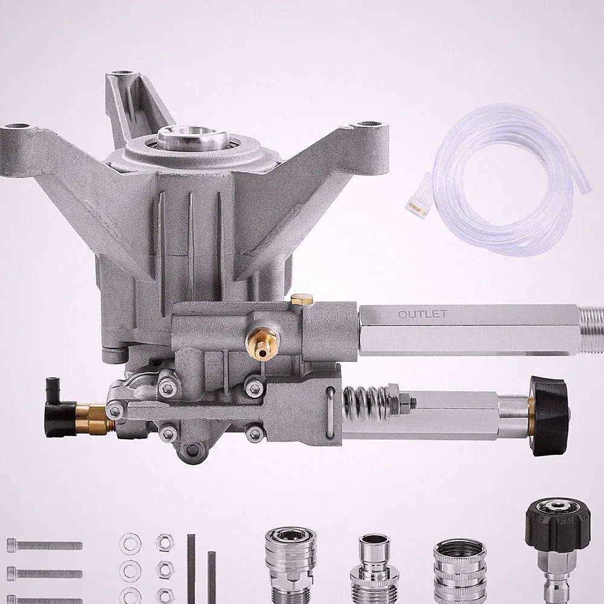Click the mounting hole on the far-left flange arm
click(x=18, y=127)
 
